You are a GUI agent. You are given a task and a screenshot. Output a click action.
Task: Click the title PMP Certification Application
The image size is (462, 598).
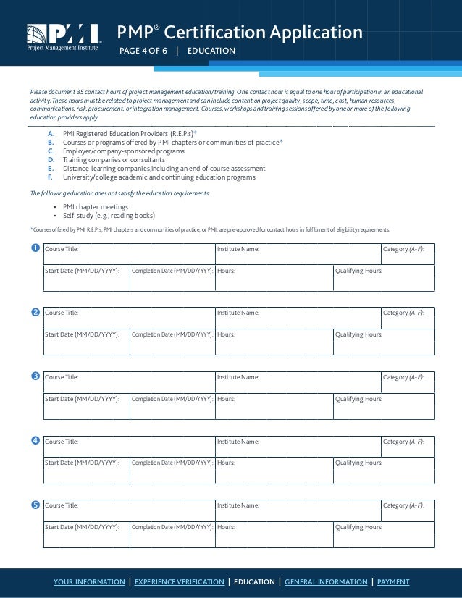tap(240, 32)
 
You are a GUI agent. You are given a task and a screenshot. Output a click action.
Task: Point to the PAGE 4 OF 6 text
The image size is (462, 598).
tap(143, 51)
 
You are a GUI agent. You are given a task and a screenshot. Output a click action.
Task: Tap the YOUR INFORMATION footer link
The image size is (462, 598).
tap(89, 582)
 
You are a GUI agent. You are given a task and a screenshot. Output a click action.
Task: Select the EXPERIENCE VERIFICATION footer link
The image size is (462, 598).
tap(180, 582)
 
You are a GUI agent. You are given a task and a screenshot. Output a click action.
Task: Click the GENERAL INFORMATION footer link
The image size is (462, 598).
tap(326, 582)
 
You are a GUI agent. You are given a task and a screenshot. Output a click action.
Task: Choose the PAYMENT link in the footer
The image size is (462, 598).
tap(393, 582)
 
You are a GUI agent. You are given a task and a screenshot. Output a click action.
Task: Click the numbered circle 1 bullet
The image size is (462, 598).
tap(35, 249)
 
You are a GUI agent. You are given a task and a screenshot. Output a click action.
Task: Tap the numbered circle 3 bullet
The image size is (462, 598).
tap(35, 376)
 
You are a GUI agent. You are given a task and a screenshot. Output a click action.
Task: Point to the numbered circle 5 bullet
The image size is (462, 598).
tap(35, 505)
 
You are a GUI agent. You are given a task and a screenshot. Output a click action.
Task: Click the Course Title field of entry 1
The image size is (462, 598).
tap(129, 254)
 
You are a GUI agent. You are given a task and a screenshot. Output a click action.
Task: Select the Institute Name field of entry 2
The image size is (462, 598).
tap(298, 318)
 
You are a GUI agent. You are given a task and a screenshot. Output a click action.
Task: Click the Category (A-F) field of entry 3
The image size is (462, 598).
tap(408, 382)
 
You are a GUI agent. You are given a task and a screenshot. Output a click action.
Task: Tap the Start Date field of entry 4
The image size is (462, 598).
tap(86, 471)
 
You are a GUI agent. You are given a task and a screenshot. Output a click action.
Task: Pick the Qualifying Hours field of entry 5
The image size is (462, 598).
tap(384, 535)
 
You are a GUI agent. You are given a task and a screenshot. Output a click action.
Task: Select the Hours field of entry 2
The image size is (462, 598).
tap(274, 343)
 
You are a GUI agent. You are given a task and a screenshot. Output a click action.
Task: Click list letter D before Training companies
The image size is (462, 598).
tap(51, 160)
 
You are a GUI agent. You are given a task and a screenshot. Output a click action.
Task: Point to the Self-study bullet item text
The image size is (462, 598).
tap(109, 215)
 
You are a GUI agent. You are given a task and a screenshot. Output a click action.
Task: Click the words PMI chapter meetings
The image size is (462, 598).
tap(96, 206)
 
